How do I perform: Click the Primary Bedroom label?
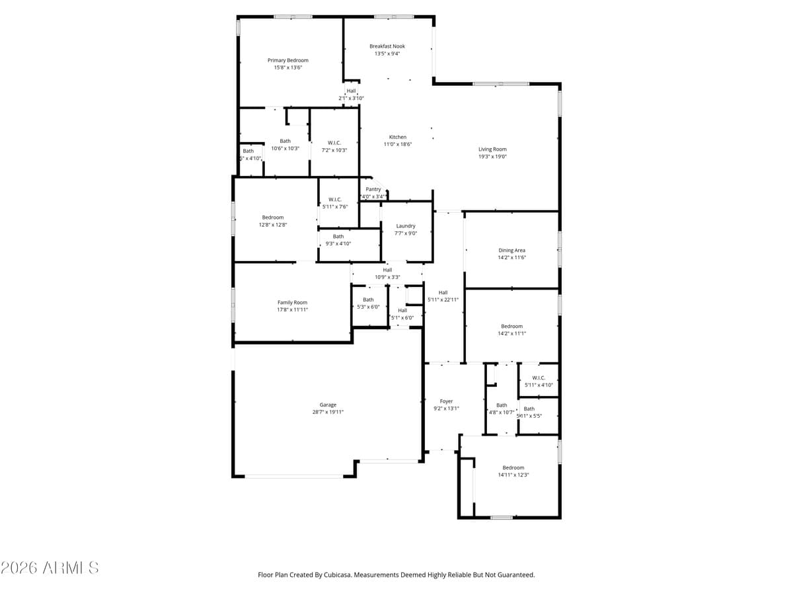click(287, 60)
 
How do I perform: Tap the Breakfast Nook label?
click(387, 46)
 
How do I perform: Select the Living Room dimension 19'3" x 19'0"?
click(492, 157)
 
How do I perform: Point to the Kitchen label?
click(397, 137)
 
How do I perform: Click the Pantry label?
click(373, 189)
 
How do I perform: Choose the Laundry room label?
click(406, 225)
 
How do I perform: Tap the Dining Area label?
click(511, 251)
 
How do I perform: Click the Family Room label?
click(292, 302)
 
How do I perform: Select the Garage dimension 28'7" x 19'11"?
click(328, 412)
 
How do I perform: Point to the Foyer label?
click(446, 401)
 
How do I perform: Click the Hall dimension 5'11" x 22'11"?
click(443, 299)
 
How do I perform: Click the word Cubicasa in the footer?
click(338, 575)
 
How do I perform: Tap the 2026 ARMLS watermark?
click(50, 567)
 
